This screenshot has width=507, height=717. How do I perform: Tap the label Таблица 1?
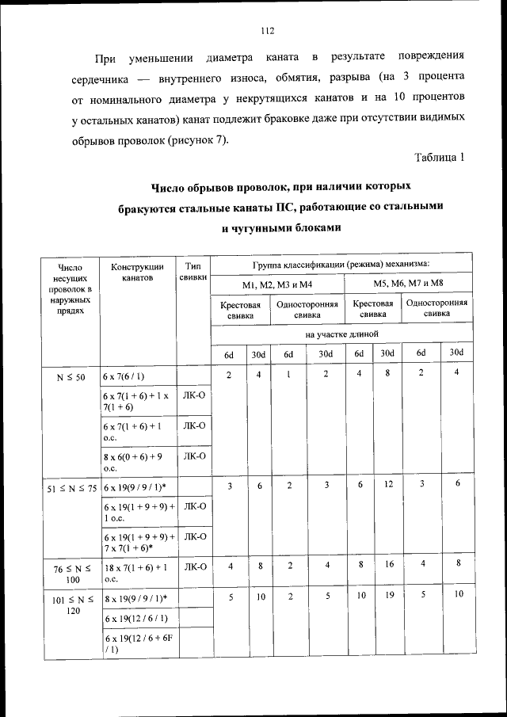click(439, 157)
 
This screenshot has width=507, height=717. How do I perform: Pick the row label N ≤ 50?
click(71, 376)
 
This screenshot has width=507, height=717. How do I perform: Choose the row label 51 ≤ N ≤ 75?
click(71, 488)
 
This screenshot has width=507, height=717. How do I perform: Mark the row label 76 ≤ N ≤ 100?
click(72, 572)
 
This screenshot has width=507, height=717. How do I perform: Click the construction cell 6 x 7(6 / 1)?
click(124, 376)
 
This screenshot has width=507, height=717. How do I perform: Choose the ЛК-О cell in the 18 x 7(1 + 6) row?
click(194, 566)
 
